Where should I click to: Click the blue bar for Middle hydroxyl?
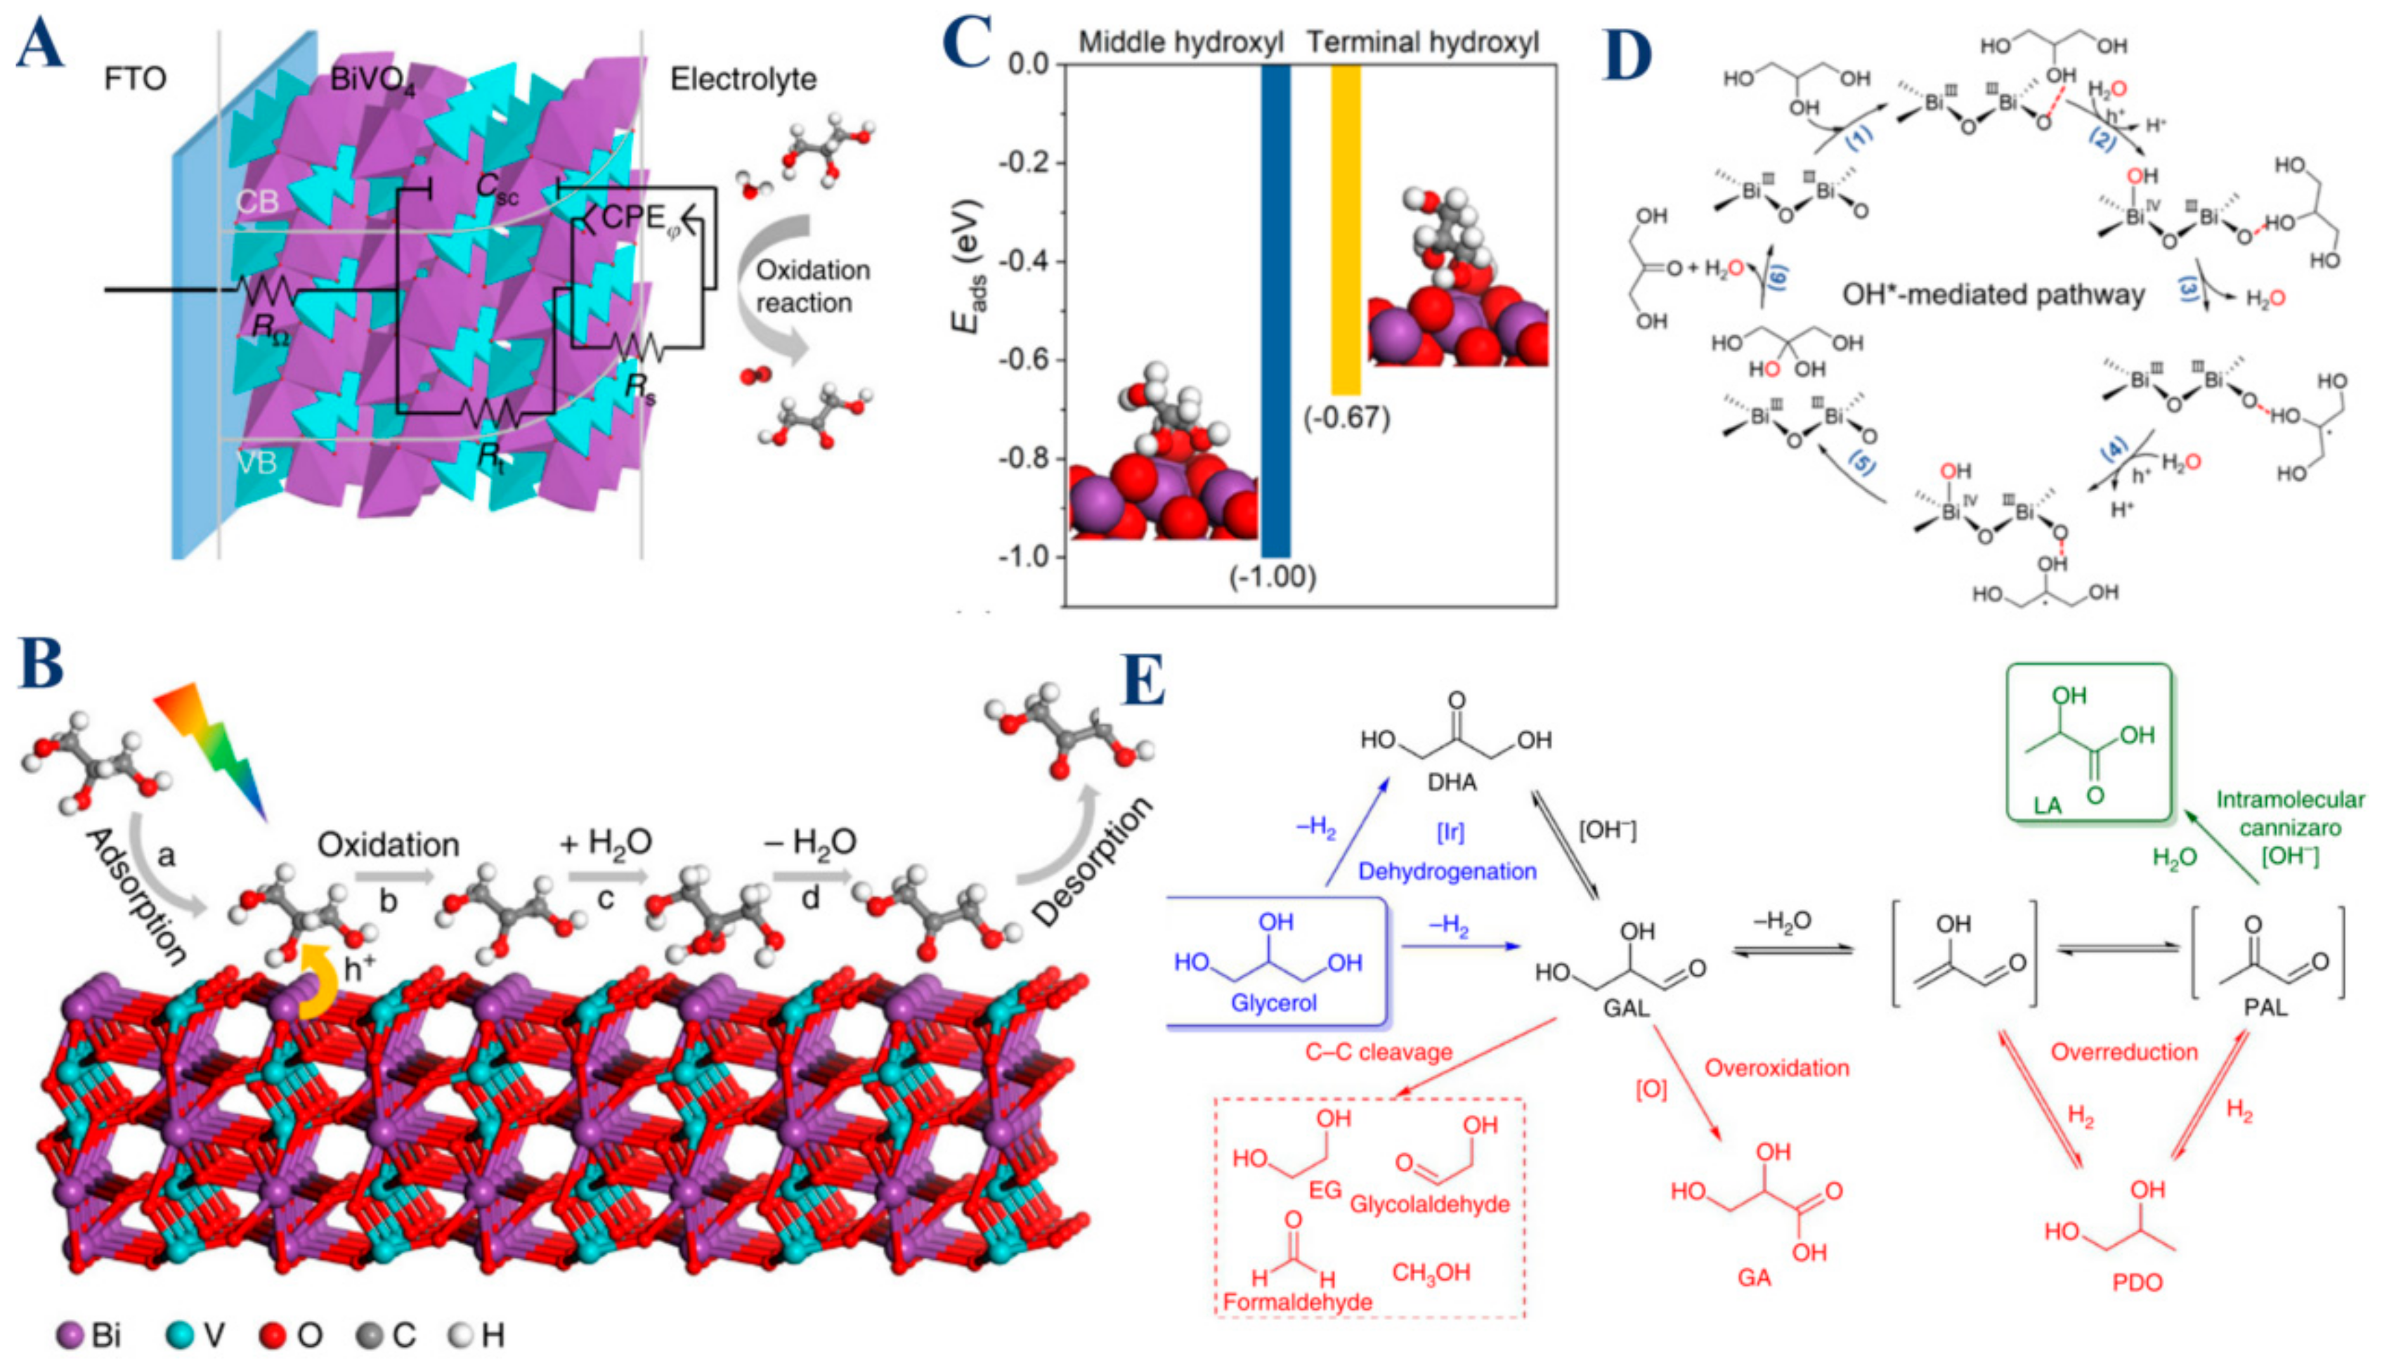[1275, 310]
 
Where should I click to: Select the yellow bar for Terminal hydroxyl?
[1346, 230]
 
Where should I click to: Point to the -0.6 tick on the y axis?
[1031, 360]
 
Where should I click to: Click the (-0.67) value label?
[1346, 417]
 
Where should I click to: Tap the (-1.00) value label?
[1273, 577]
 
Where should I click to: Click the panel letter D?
[1627, 56]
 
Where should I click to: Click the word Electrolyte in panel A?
[742, 79]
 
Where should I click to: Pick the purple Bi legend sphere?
[70, 1335]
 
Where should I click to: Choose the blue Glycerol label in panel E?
[1273, 1003]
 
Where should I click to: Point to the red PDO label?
[2137, 1282]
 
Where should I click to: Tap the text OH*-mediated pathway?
[1993, 295]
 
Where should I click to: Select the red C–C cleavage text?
[1379, 1053]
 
